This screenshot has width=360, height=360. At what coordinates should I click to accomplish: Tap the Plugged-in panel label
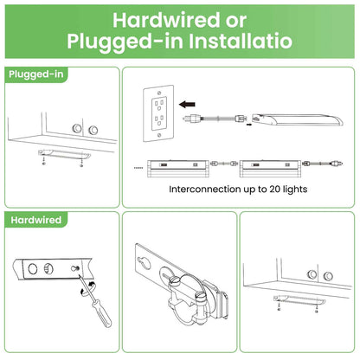point(36,74)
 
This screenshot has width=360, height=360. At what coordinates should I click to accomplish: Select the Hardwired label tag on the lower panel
point(36,220)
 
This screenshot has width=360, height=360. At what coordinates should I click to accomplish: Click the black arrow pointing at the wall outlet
point(187,104)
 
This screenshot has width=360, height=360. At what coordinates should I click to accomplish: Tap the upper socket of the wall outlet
point(159,103)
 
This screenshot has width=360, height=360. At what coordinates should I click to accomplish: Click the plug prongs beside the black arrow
point(185,118)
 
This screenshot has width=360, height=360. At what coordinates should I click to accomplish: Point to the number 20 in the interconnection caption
point(274,190)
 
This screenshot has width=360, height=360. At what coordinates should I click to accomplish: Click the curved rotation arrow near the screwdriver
point(88,288)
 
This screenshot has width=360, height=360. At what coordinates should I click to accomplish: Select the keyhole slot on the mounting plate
point(144,260)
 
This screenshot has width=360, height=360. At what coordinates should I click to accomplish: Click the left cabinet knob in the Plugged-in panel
point(77,128)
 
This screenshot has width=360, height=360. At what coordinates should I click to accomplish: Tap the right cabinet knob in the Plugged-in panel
point(93,130)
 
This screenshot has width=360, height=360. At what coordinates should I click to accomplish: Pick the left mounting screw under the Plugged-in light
point(43,159)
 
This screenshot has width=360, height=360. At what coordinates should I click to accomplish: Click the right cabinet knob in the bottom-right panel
point(328,276)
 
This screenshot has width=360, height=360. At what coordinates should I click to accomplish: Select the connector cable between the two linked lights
point(224,164)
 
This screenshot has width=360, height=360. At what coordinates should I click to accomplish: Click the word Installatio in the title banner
point(241,41)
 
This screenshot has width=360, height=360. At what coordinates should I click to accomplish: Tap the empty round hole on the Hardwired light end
point(32,269)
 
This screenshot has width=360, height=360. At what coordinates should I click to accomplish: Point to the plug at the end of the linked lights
point(337,164)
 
